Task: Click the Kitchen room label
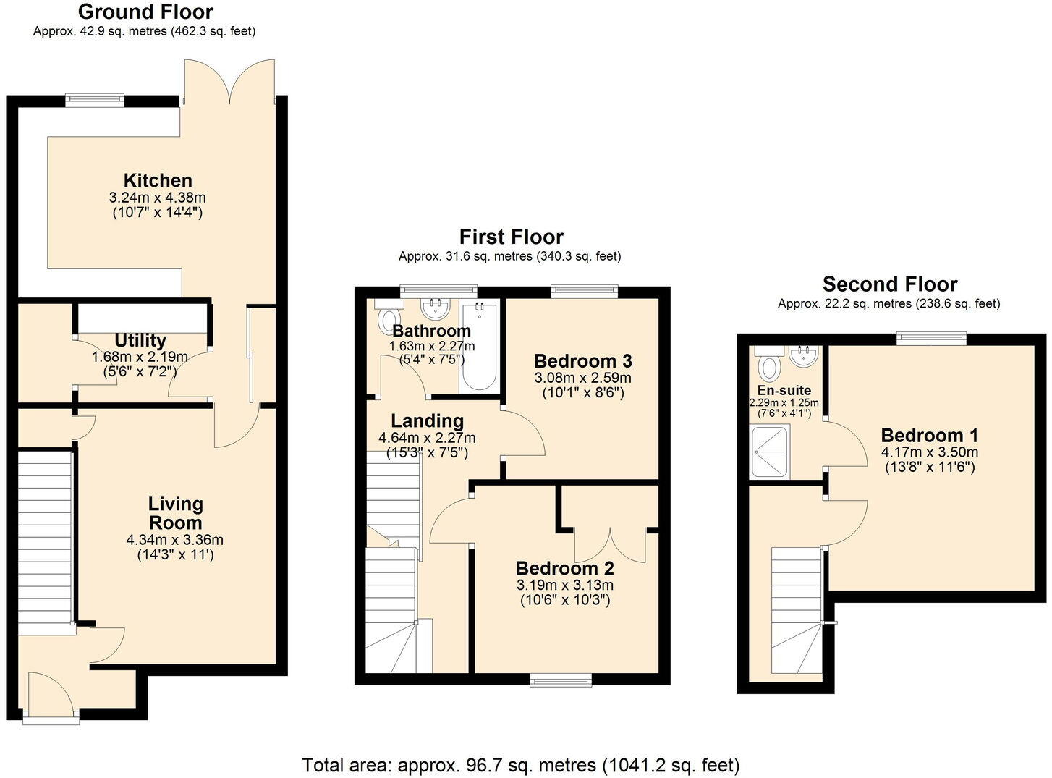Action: click(x=158, y=180)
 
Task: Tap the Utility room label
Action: click(x=140, y=340)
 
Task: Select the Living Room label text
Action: click(x=175, y=513)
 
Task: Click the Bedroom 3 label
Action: click(x=582, y=360)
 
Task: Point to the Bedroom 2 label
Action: click(x=564, y=568)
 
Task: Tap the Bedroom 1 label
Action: click(x=930, y=436)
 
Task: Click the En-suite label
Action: click(x=784, y=391)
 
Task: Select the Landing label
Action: click(x=427, y=420)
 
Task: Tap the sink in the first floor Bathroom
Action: click(x=436, y=310)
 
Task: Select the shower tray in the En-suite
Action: click(x=770, y=452)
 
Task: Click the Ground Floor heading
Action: click(x=145, y=12)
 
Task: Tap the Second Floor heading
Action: click(x=889, y=284)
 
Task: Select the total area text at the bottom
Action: click(x=520, y=765)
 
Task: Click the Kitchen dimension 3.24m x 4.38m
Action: click(x=158, y=198)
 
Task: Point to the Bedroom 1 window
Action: click(x=930, y=336)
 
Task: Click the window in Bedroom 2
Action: click(x=560, y=679)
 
